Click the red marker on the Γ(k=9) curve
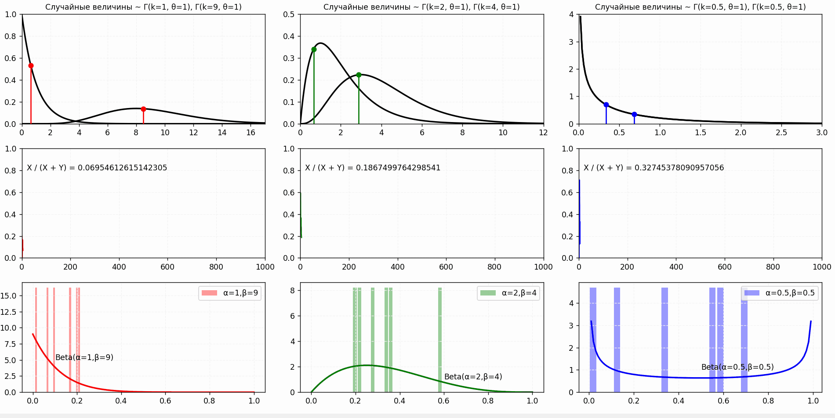click(143, 109)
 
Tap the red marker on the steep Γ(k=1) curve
click(31, 66)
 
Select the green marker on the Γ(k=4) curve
click(359, 75)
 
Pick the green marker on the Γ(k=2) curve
click(314, 49)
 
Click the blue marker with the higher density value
click(606, 104)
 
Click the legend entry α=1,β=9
click(230, 293)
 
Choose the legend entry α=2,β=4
click(508, 293)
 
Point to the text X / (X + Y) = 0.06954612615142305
click(97, 168)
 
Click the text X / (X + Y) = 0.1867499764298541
click(373, 168)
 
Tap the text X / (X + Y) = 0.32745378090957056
click(653, 168)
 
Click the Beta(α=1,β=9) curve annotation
click(84, 357)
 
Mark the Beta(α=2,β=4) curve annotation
click(473, 377)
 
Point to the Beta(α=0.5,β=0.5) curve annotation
click(737, 367)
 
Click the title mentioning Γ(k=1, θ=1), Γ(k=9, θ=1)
click(143, 7)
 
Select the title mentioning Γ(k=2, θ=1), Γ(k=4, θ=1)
click(421, 7)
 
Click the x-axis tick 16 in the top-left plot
click(250, 133)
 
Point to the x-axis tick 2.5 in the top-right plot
click(781, 133)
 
